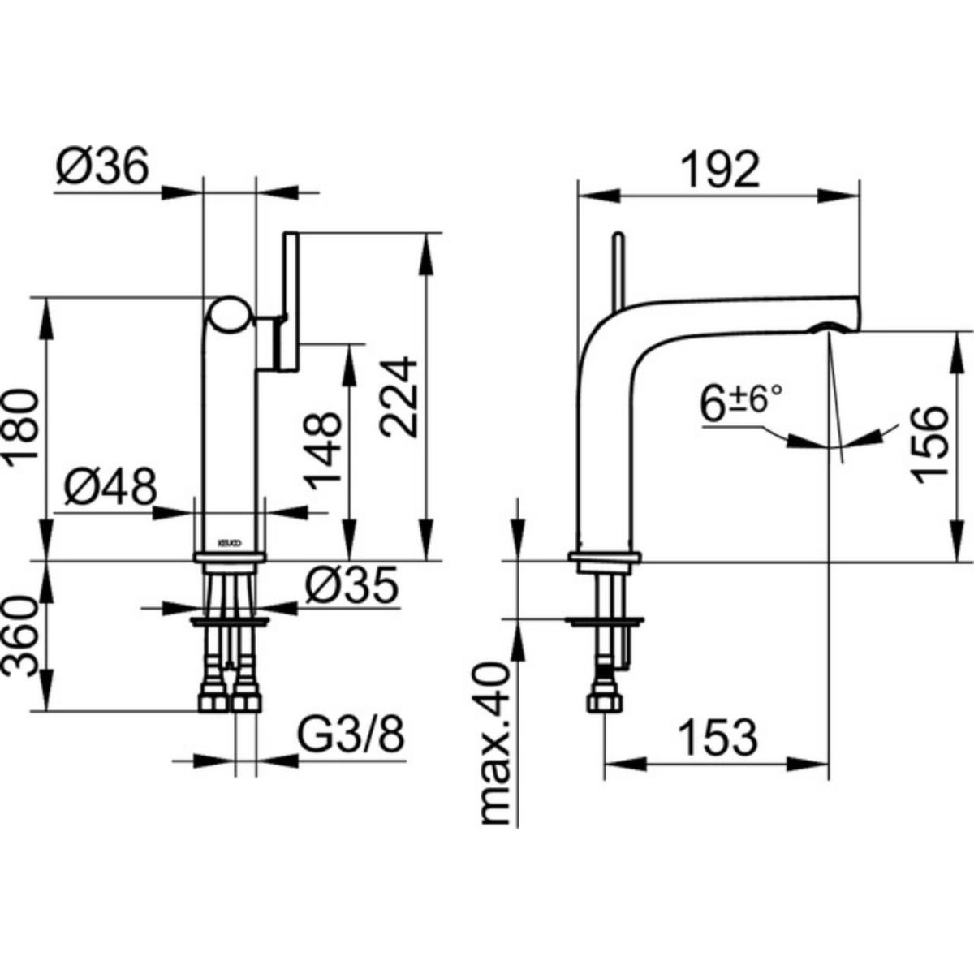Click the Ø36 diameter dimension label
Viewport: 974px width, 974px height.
click(x=104, y=168)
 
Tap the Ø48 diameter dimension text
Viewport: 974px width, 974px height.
click(x=110, y=488)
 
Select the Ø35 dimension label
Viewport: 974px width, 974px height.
click(x=351, y=584)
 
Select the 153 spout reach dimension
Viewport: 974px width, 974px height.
click(x=717, y=737)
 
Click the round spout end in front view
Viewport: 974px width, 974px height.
click(x=230, y=315)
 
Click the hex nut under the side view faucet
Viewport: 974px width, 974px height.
click(x=605, y=700)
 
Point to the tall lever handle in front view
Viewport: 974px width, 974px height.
click(x=291, y=300)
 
